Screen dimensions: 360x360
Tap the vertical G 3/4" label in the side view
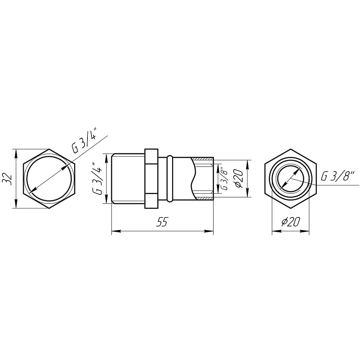[98, 179]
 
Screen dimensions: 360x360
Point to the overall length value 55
[162, 223]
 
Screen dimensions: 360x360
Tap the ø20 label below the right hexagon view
[290, 222]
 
